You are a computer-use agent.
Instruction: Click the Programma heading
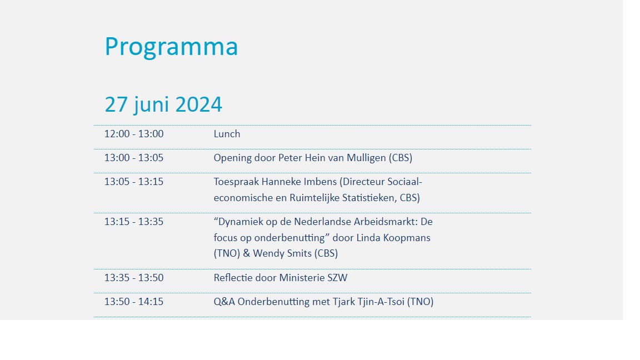click(171, 47)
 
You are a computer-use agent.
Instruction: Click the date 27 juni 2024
click(163, 104)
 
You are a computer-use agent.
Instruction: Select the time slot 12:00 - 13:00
click(134, 134)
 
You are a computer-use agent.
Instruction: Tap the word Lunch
click(227, 134)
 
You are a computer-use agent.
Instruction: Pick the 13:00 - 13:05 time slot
click(134, 158)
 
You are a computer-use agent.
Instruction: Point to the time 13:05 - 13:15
click(134, 182)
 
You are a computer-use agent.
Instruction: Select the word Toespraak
click(236, 182)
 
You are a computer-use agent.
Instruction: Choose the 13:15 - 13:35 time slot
click(134, 222)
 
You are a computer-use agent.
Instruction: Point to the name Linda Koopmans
click(397, 238)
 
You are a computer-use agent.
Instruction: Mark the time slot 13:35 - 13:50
click(134, 278)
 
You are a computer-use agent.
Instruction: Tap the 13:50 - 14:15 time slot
click(134, 302)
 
